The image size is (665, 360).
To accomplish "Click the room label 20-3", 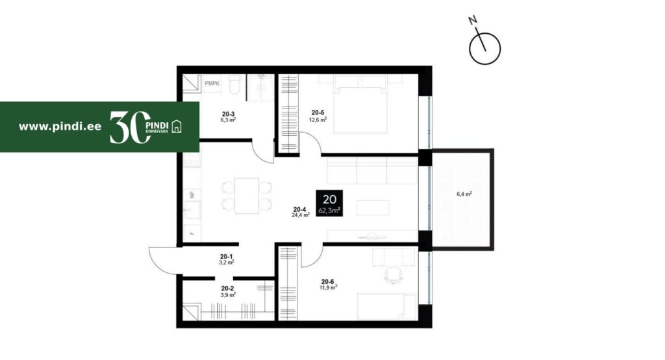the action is (228, 114).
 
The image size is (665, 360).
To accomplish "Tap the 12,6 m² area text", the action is (318, 120).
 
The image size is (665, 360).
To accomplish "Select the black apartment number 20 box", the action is (329, 203).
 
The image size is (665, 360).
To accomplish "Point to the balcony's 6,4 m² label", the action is (464, 194).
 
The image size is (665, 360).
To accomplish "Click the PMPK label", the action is (212, 84).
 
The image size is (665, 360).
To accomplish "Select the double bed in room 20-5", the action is (360, 105).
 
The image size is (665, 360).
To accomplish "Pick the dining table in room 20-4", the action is (247, 196).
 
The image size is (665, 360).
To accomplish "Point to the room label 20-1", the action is (226, 257).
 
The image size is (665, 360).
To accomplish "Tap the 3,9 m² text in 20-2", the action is (228, 294).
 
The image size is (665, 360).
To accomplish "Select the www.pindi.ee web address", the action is (60, 127).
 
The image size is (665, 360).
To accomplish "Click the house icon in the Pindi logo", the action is (177, 126).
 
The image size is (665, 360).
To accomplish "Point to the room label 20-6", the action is (327, 281).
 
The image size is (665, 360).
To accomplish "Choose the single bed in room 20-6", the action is (387, 306).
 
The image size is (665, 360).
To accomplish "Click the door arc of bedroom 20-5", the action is (312, 139).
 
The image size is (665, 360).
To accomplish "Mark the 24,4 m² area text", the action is (300, 215).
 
